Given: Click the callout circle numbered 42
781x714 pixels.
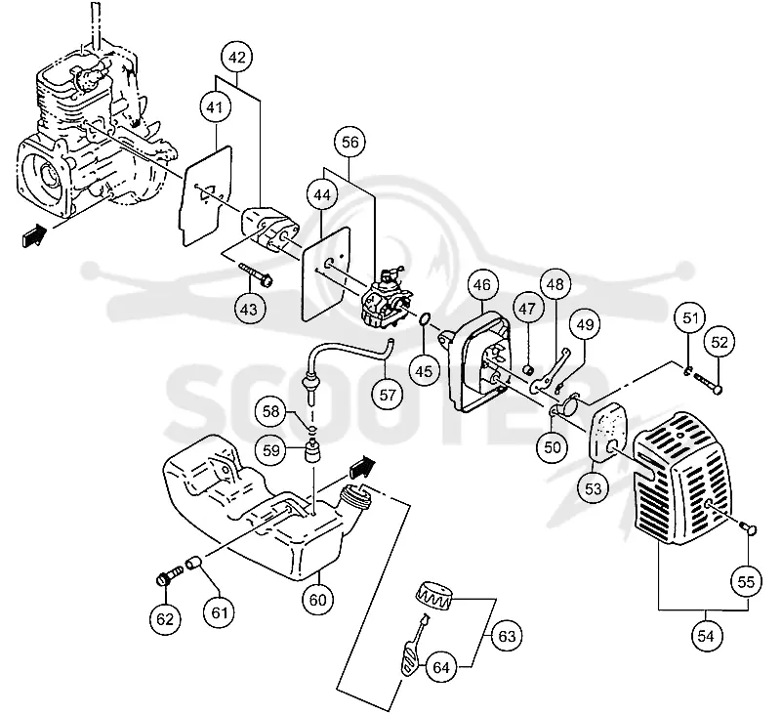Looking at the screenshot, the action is tap(237, 58).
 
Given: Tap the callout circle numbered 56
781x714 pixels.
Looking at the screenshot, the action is tap(349, 143).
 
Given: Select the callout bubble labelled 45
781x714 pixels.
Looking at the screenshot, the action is tap(424, 371).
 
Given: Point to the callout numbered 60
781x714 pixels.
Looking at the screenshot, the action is tap(318, 600).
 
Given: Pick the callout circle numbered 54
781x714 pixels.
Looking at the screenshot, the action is tap(706, 636).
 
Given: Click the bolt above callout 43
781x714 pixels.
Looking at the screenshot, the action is tap(256, 274).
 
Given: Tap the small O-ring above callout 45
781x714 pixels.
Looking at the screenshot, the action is tap(425, 318).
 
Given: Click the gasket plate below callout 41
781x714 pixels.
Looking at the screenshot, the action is tap(206, 195).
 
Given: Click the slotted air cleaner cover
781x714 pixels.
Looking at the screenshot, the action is tap(682, 478).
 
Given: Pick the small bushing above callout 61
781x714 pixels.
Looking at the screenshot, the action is tap(193, 563).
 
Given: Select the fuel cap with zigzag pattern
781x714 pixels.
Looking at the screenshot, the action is tap(433, 596).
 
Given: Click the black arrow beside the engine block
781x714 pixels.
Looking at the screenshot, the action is tap(34, 234).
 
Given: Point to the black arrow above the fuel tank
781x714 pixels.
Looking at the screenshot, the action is tap(362, 467).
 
